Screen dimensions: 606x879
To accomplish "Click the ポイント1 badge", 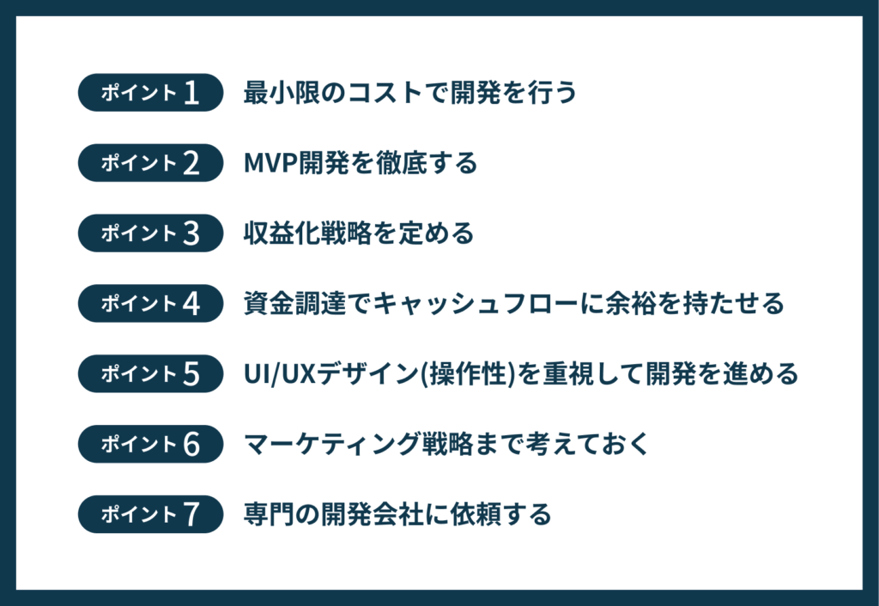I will (x=150, y=93).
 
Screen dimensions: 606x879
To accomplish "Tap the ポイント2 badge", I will (x=150, y=163).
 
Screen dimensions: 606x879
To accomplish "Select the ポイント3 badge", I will (x=150, y=233).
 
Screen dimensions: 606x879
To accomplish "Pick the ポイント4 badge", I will (x=150, y=304).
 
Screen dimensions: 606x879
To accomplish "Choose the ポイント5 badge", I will (x=150, y=374).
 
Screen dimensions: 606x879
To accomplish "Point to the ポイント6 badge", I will (x=150, y=445).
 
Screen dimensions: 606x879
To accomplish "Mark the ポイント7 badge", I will (x=150, y=515).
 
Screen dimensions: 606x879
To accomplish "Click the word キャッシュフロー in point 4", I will (x=479, y=304).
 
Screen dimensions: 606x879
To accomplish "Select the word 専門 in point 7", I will (x=265, y=515).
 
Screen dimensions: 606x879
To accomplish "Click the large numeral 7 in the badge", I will (x=191, y=515).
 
